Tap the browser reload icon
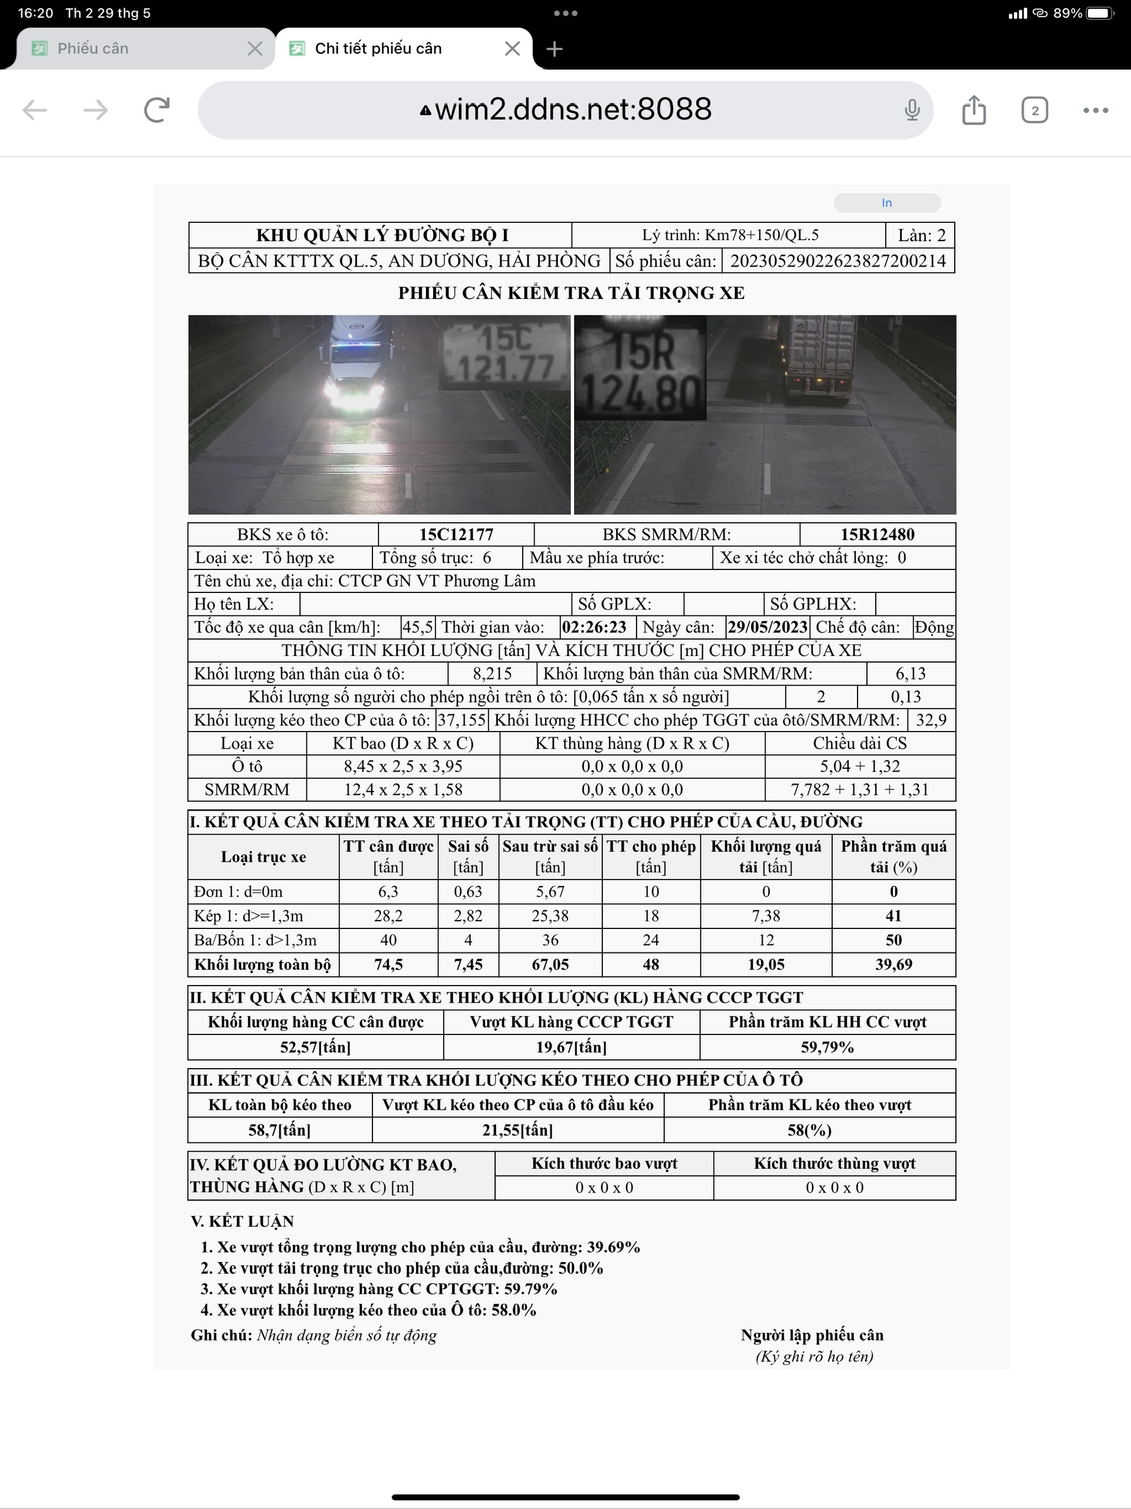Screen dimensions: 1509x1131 pos(157,110)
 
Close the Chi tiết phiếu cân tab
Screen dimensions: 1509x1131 pos(512,48)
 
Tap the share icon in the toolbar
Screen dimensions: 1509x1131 pos(974,110)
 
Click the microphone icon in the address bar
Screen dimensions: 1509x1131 pos(911,110)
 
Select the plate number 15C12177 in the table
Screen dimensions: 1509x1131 pos(456,534)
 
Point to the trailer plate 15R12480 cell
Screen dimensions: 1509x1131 pos(876,534)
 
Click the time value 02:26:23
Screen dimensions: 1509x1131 pos(594,627)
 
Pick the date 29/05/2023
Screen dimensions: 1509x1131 pos(767,627)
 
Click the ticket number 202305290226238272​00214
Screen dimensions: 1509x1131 pos(837,261)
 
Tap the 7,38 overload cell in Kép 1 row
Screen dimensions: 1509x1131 pos(766,915)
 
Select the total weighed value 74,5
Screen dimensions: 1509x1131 pos(388,964)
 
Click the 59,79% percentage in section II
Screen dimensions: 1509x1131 pos(827,1046)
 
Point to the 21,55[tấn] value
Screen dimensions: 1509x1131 pos(517,1130)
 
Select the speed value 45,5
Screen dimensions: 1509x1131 pos(417,627)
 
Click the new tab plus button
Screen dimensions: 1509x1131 pos(555,48)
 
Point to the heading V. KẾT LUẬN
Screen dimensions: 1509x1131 pos(242,1221)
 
